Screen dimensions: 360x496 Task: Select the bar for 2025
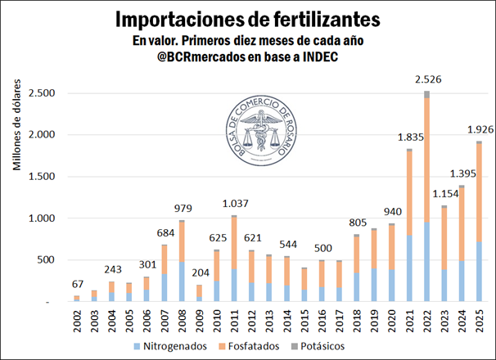tap(479, 221)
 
